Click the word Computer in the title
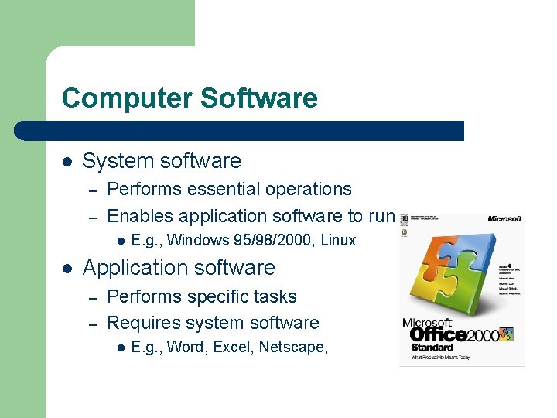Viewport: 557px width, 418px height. click(126, 98)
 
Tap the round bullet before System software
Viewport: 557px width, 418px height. click(67, 162)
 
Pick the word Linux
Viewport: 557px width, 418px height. click(338, 240)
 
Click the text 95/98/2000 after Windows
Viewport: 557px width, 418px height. click(261, 240)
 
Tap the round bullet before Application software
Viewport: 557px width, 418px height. click(67, 269)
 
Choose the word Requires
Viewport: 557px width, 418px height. click(142, 323)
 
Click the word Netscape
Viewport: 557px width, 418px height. click(293, 347)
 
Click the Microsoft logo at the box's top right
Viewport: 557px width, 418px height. click(504, 219)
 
